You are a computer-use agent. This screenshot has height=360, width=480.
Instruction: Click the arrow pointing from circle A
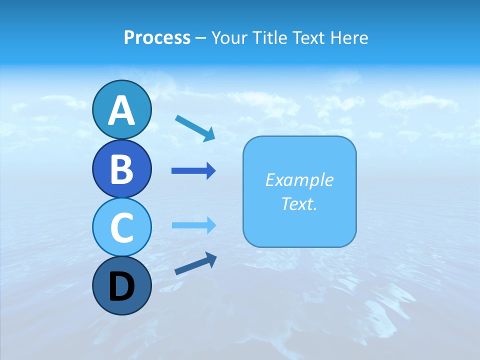click(195, 127)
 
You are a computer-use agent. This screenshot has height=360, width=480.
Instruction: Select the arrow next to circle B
click(193, 171)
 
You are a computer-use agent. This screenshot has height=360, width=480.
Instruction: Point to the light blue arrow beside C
click(193, 225)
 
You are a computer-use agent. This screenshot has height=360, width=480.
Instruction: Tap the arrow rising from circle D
click(195, 264)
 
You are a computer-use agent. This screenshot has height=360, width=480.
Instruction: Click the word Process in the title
click(157, 38)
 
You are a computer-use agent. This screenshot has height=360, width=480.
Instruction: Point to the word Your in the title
click(229, 38)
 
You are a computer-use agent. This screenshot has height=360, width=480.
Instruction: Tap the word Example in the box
click(299, 180)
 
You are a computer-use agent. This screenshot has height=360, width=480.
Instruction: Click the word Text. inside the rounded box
click(299, 203)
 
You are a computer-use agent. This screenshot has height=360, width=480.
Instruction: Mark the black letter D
click(121, 287)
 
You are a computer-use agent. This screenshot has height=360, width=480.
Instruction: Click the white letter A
click(121, 110)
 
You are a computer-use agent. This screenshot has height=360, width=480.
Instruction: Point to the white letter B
click(121, 169)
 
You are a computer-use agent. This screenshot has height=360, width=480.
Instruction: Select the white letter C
click(121, 227)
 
